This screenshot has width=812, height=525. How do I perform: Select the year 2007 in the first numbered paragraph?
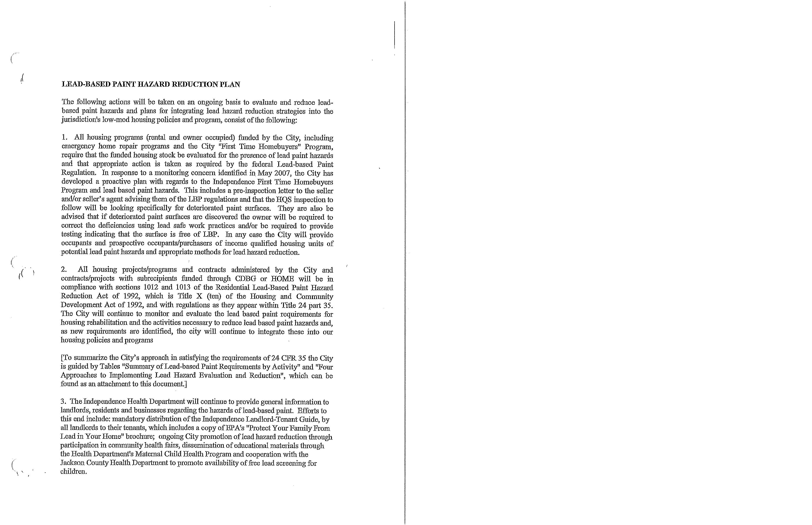(x=282, y=173)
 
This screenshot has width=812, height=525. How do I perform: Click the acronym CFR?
(x=289, y=358)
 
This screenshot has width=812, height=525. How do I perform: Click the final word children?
(x=73, y=472)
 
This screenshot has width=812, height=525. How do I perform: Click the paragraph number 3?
(x=63, y=402)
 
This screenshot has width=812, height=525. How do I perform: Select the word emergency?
(x=77, y=146)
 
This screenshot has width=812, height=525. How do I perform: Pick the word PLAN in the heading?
(x=230, y=84)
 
